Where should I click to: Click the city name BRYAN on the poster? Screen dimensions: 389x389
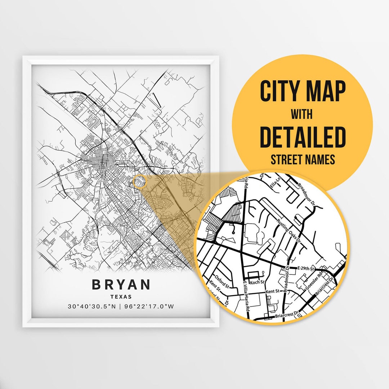click(x=121, y=285)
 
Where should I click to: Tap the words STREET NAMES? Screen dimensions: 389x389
click(x=303, y=159)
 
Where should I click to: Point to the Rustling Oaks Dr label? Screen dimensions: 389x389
click(x=290, y=231)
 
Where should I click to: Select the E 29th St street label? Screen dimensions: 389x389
click(x=307, y=269)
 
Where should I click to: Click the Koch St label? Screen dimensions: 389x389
click(x=259, y=283)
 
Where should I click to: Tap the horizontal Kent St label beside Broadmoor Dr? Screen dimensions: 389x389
click(x=272, y=291)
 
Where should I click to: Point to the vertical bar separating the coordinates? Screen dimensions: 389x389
click(x=121, y=307)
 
